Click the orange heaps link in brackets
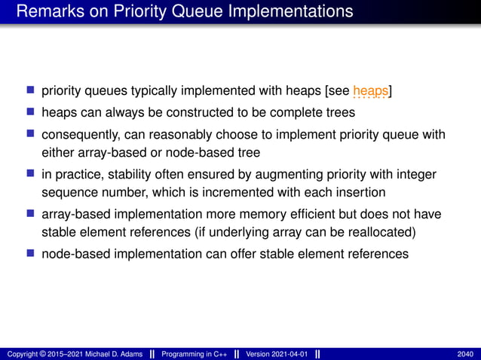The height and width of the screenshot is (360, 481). [x=370, y=92]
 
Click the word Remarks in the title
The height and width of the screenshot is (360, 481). [x=47, y=11]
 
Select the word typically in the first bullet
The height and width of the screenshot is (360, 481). [x=150, y=92]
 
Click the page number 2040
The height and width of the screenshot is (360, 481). [x=465, y=354]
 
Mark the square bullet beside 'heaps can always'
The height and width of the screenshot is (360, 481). [x=31, y=111]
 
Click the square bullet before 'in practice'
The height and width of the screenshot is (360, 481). [x=31, y=173]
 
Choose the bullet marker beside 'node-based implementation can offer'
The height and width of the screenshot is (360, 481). [x=31, y=254]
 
